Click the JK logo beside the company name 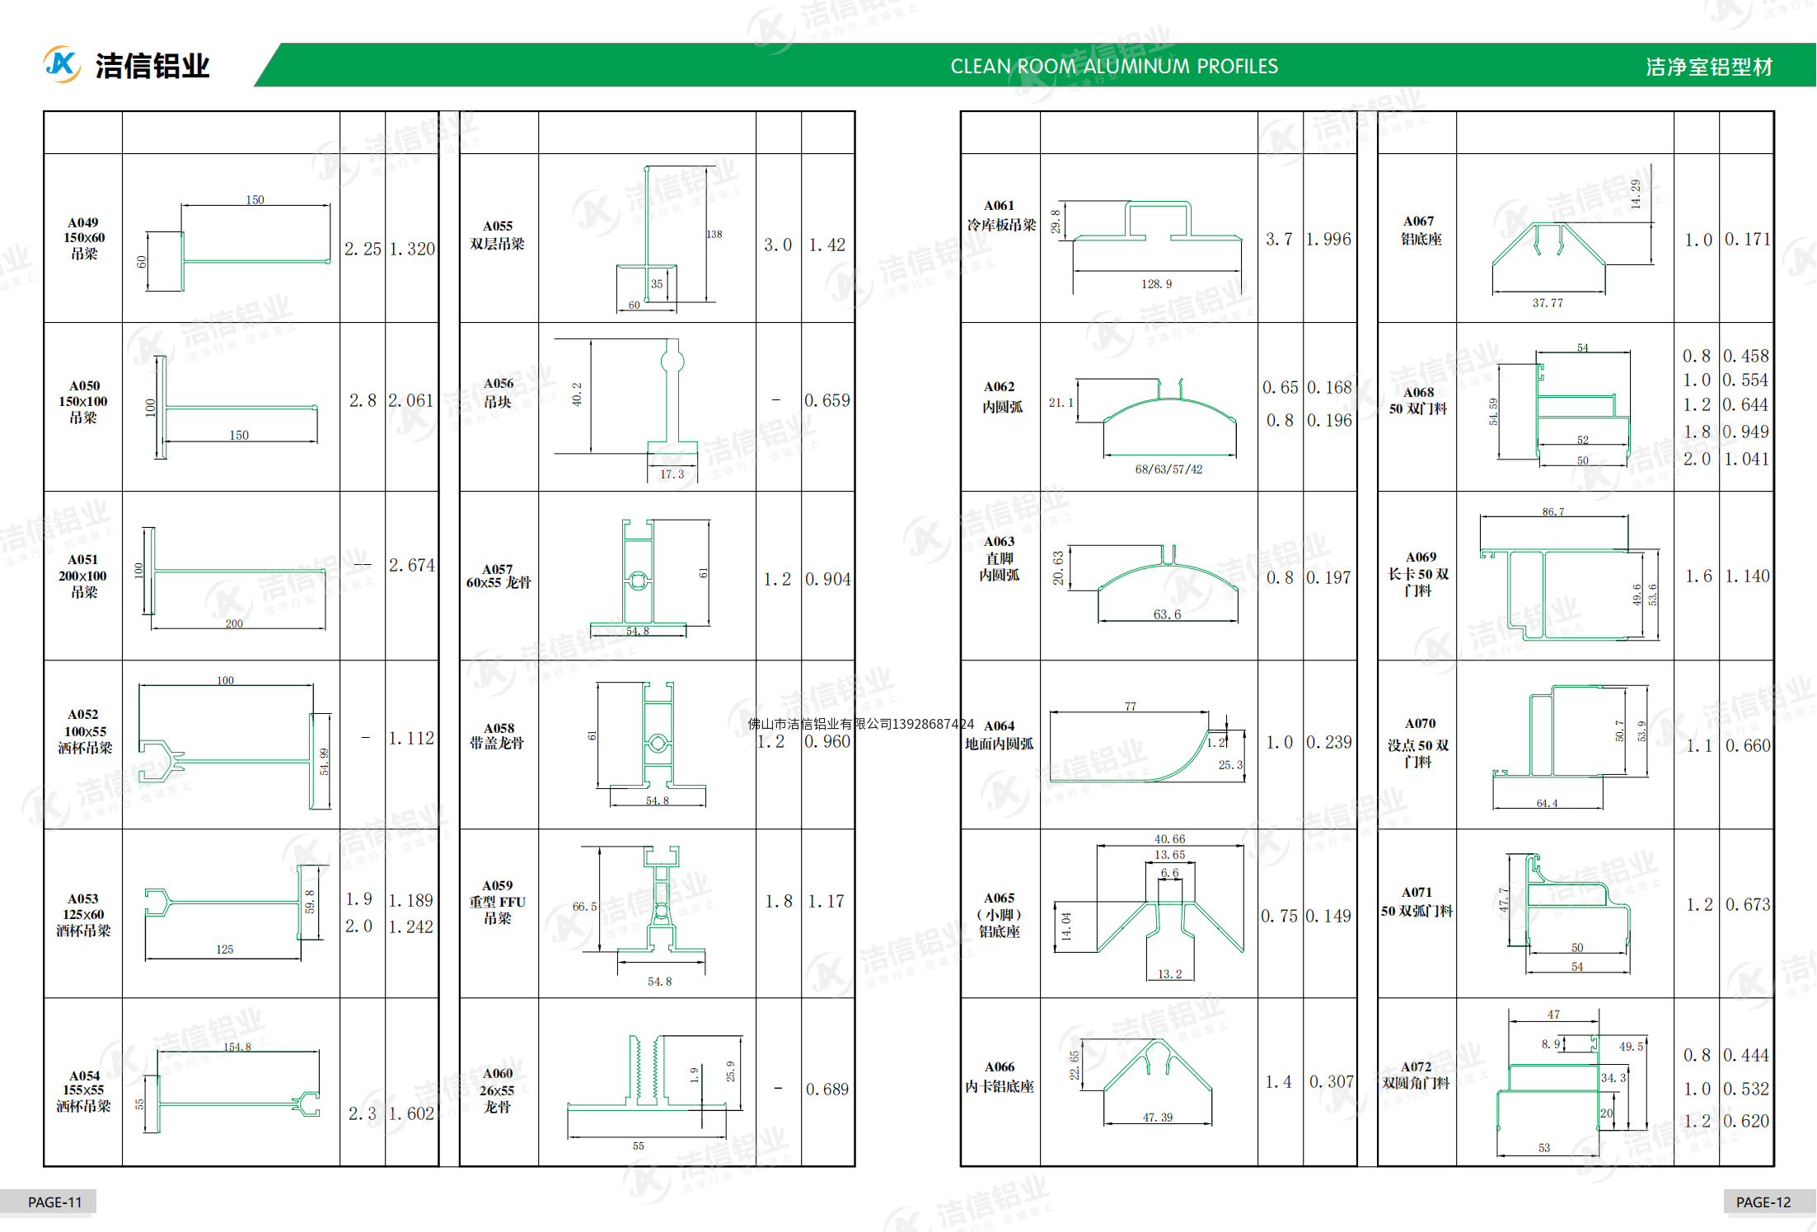[x=62, y=64]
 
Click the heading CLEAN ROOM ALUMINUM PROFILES [x=1113, y=67]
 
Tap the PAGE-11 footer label [x=54, y=1202]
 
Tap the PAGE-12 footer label [x=1763, y=1202]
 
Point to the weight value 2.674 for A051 [x=411, y=565]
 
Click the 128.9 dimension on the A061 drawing [x=1156, y=284]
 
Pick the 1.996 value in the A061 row [x=1328, y=240]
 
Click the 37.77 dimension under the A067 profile [x=1547, y=303]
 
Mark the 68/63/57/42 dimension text [x=1168, y=469]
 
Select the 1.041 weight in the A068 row [x=1746, y=460]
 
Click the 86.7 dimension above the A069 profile [x=1552, y=511]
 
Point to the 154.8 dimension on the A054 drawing [x=236, y=1047]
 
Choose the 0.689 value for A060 [x=827, y=1090]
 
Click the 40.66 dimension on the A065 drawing [x=1169, y=839]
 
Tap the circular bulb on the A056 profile [x=672, y=362]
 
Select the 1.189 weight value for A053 [x=410, y=901]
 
